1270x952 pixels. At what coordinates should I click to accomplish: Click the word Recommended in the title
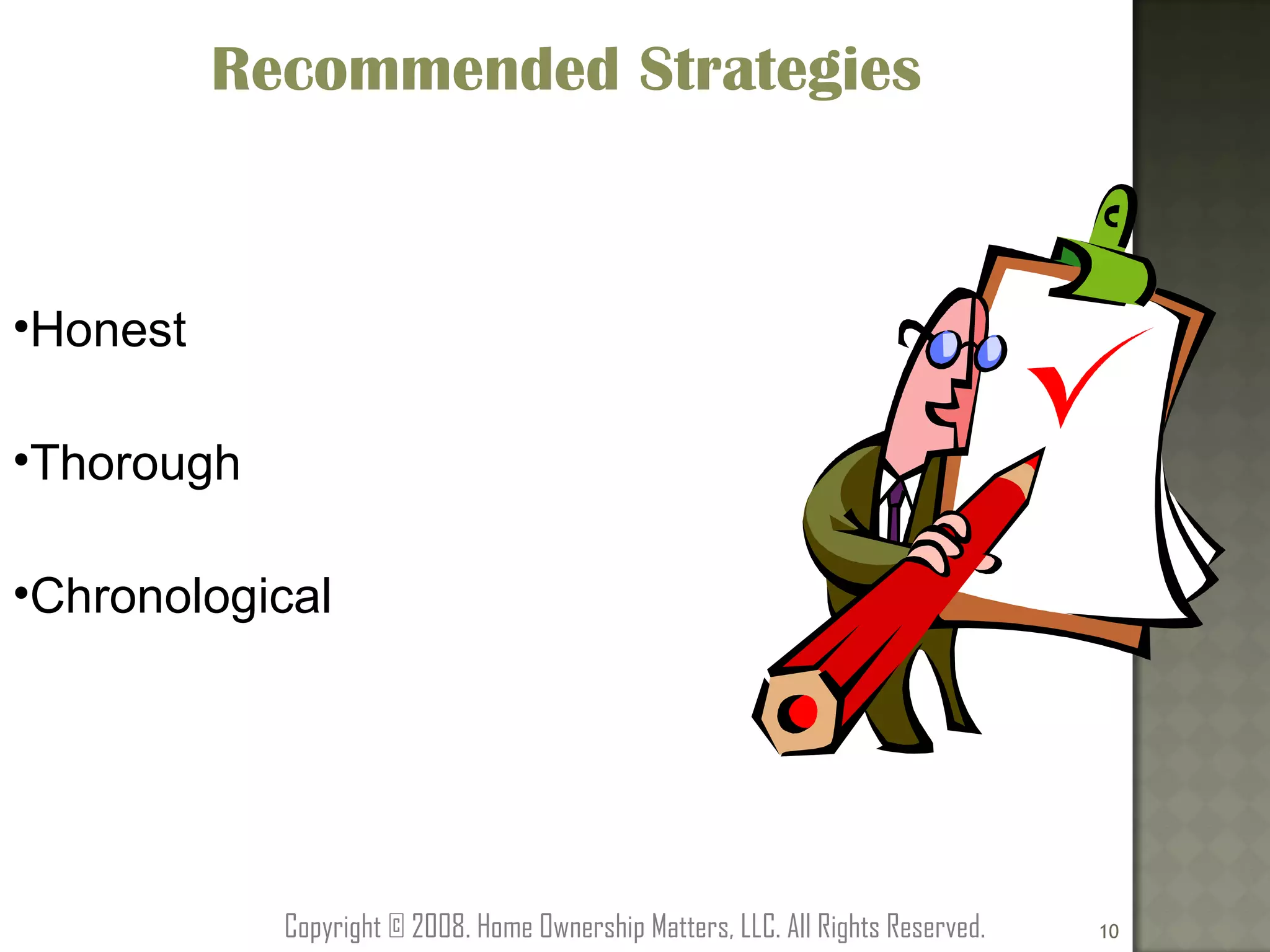click(414, 69)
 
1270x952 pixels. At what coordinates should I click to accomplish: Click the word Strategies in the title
click(779, 69)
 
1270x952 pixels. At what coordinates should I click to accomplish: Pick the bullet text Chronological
click(180, 596)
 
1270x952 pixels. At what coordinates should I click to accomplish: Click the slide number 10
click(1109, 931)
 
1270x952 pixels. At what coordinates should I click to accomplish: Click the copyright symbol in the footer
click(396, 927)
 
